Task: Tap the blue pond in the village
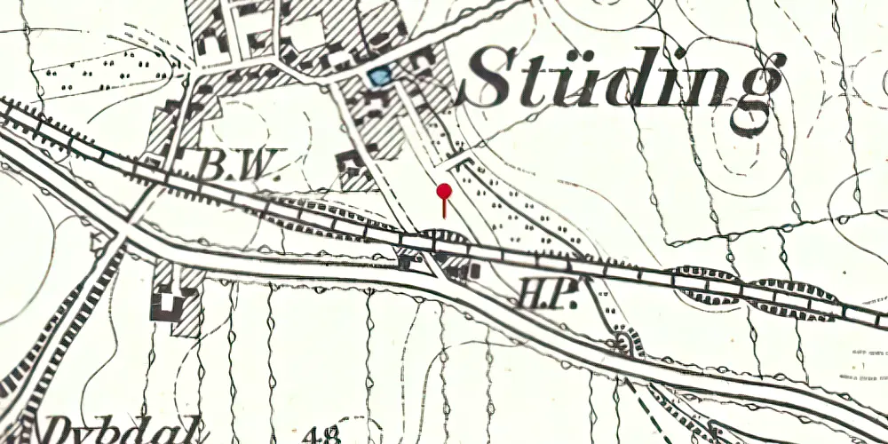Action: (x=379, y=76)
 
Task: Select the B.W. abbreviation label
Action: (x=237, y=164)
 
